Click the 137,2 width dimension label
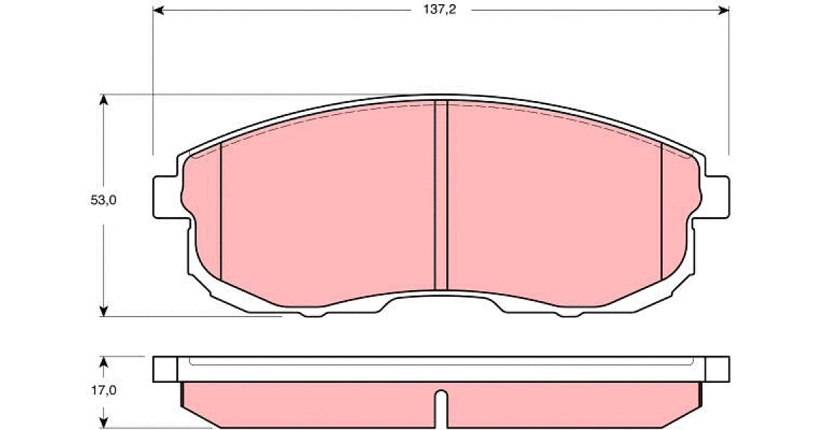439,10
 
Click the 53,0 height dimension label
104,200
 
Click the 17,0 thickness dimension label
104,390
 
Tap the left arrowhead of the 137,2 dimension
158,10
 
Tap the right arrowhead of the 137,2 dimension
724,10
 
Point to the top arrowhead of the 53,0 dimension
104,100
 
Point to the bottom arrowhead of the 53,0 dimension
104,311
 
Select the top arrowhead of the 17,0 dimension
104,362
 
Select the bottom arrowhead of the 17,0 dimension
104,423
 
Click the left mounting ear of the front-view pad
167,197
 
